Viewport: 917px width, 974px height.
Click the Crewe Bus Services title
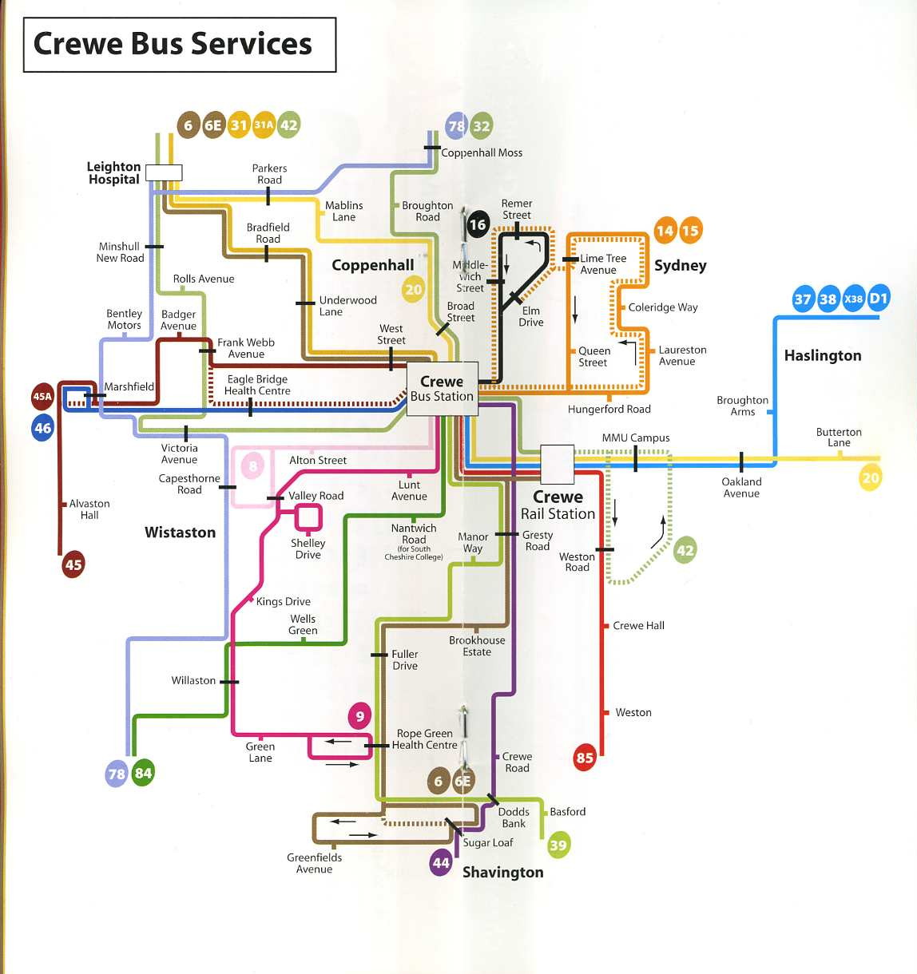pyautogui.click(x=173, y=44)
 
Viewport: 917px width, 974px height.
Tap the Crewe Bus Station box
pyautogui.click(x=442, y=389)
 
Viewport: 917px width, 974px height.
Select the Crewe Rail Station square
pyautogui.click(x=557, y=465)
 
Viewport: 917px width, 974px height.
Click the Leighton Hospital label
pyautogui.click(x=113, y=172)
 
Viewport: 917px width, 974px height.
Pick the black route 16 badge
pyautogui.click(x=478, y=224)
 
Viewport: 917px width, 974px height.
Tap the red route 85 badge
pyautogui.click(x=585, y=758)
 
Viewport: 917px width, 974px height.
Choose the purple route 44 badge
pyautogui.click(x=441, y=863)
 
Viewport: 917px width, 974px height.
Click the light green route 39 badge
pyautogui.click(x=558, y=845)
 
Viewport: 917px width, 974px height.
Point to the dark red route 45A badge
pyautogui.click(x=42, y=397)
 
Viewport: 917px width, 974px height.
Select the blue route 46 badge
pyautogui.click(x=42, y=428)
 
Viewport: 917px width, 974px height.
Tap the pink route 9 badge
pyautogui.click(x=359, y=716)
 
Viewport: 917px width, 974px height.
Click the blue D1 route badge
pyautogui.click(x=879, y=299)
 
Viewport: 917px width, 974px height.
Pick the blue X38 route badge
pyautogui.click(x=853, y=299)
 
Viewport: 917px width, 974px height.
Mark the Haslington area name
pyautogui.click(x=823, y=355)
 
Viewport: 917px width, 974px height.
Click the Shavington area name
pyautogui.click(x=502, y=872)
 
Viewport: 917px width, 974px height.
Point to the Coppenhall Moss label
pyautogui.click(x=482, y=152)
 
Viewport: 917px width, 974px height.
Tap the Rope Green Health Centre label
pyautogui.click(x=424, y=739)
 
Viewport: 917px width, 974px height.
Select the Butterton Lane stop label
pyautogui.click(x=839, y=438)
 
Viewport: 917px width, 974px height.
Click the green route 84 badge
pyautogui.click(x=143, y=773)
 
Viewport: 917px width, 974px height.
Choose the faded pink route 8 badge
pyautogui.click(x=252, y=466)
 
